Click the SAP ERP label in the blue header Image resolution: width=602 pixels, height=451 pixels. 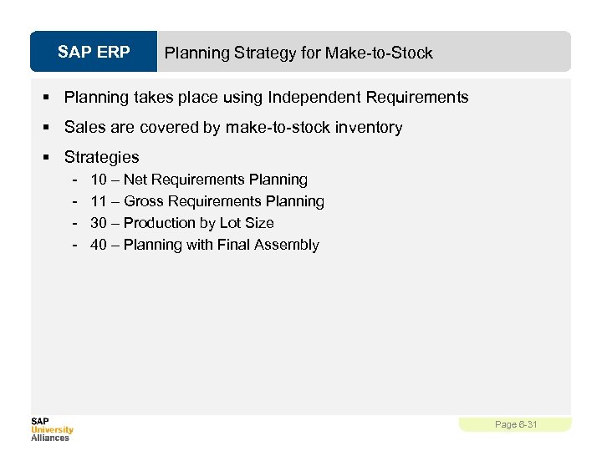tap(94, 53)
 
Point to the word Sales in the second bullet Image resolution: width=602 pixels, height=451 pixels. tap(84, 128)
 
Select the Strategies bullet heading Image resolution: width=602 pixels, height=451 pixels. tap(101, 157)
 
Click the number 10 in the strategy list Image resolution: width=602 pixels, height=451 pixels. tap(99, 180)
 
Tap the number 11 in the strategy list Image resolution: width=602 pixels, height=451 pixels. tap(99, 201)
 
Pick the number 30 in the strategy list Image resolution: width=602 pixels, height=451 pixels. tap(99, 223)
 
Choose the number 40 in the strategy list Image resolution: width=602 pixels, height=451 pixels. tap(99, 245)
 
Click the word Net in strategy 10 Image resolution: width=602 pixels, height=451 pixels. tap(135, 180)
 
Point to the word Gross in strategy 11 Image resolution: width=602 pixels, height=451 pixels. tap(144, 201)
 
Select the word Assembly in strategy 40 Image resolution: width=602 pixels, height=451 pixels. tap(288, 245)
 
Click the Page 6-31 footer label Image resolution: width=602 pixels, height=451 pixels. tap(516, 424)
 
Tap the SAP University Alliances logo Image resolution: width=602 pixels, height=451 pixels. tap(52, 429)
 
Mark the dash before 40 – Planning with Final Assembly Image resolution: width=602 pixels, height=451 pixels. tap(75, 245)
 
